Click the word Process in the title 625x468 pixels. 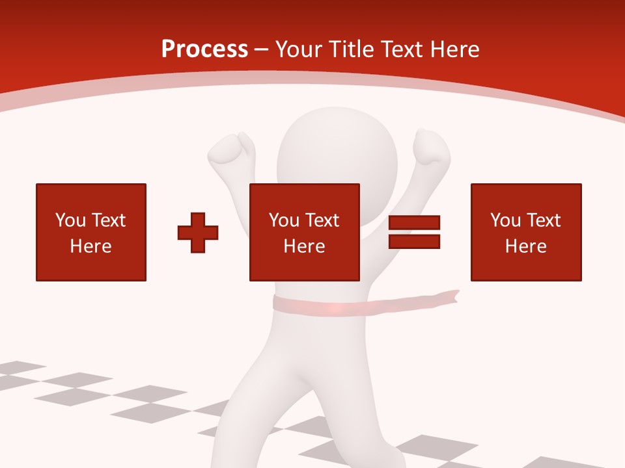click(x=204, y=49)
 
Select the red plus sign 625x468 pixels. click(x=198, y=232)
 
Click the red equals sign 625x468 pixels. click(x=414, y=232)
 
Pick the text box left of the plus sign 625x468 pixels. click(x=91, y=232)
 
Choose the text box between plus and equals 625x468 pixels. click(x=304, y=232)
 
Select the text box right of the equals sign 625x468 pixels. click(x=526, y=232)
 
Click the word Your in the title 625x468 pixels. click(x=296, y=49)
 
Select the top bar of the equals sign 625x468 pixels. click(x=414, y=223)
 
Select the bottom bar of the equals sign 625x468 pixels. click(x=414, y=241)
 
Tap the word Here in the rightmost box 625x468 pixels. click(x=526, y=246)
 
